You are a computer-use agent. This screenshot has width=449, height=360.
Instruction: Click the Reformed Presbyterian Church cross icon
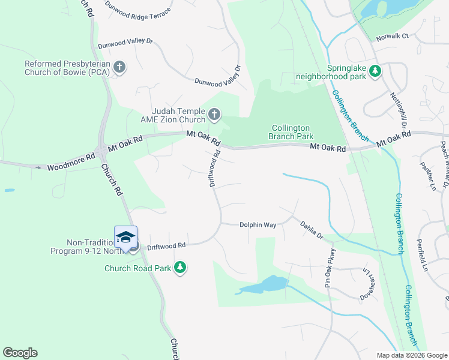tap(119, 67)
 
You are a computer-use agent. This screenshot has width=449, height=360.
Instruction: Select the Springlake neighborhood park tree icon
tap(375, 71)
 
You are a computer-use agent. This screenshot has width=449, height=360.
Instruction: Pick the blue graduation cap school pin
tap(125, 237)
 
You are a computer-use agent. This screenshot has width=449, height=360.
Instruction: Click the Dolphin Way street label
tap(258, 225)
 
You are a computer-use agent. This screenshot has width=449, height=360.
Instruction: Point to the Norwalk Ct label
tap(392, 37)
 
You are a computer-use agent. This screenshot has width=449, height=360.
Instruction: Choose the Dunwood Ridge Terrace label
tap(137, 6)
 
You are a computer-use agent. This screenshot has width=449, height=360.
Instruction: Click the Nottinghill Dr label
tap(399, 110)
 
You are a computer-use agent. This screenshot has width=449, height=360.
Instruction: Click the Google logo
tap(20, 353)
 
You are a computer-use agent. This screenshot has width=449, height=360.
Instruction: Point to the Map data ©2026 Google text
tap(412, 355)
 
